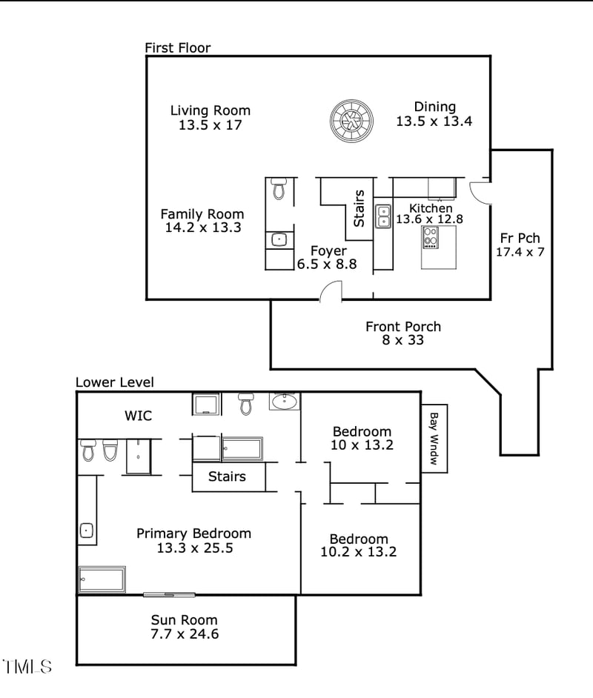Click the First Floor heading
click(x=177, y=48)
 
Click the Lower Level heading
click(x=115, y=382)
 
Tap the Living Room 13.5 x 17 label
click(x=211, y=118)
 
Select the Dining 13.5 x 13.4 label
click(x=434, y=114)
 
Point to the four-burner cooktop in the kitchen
click(x=431, y=237)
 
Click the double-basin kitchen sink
click(x=383, y=216)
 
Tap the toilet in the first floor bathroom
click(x=279, y=189)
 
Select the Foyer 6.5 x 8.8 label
click(x=328, y=257)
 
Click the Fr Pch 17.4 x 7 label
click(x=520, y=245)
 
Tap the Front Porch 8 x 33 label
click(x=403, y=333)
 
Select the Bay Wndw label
click(x=434, y=438)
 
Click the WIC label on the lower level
click(x=138, y=416)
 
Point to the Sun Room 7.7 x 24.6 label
click(x=185, y=627)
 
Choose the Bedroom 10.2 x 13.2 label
click(x=359, y=545)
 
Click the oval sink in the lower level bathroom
click(x=284, y=402)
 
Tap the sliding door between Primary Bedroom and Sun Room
click(x=169, y=594)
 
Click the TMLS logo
click(x=27, y=666)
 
